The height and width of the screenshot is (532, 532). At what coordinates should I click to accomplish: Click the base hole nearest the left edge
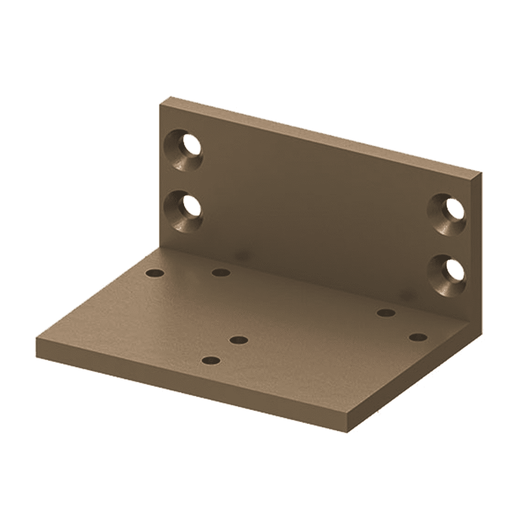point(155,273)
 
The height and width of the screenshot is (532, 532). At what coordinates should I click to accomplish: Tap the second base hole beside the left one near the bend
point(220,273)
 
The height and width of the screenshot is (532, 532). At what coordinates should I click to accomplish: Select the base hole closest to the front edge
point(211,361)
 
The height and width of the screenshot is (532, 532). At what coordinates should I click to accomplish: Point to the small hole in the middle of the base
point(239,339)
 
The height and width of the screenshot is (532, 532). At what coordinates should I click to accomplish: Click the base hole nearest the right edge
point(418,337)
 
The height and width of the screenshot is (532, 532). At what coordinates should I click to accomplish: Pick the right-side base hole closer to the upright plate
point(386,312)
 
